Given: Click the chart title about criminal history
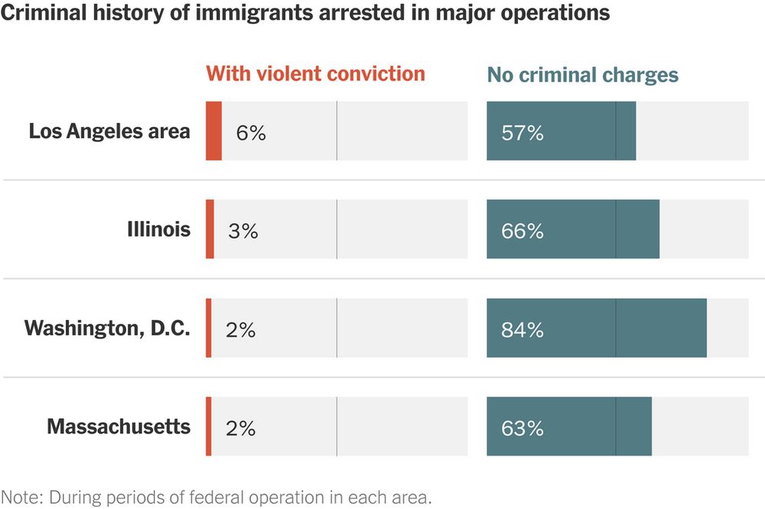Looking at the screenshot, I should tap(305, 14).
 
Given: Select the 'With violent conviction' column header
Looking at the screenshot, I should tap(315, 74).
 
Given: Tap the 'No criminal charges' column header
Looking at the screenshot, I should tap(583, 75).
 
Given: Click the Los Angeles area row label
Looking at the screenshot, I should tap(109, 131).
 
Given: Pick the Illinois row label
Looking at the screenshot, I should tap(158, 229).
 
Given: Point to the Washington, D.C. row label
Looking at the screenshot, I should tap(107, 329).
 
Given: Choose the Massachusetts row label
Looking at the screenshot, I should tap(119, 426).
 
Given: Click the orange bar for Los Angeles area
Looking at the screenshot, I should tap(213, 131).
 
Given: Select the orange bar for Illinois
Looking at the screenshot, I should tap(210, 229).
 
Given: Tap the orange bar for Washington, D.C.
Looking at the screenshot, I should tap(208, 328).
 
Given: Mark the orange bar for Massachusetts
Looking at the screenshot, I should tap(208, 426).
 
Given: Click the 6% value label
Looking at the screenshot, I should tap(251, 133).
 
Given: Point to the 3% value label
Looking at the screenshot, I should tap(243, 232).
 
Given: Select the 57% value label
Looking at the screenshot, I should tap(522, 133).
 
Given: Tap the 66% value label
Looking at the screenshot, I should tap(522, 232).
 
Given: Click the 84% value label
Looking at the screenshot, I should tap(522, 330).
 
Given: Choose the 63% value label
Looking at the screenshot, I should tap(522, 429).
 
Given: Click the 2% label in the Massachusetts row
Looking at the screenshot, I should tap(240, 429).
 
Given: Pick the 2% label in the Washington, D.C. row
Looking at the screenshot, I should tap(240, 330).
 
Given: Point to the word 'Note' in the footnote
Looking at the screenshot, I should tap(21, 496).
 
